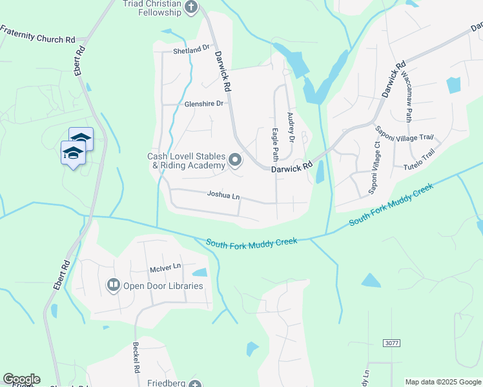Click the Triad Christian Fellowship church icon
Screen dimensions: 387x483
click(x=190, y=6)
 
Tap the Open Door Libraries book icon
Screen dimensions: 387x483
click(x=113, y=284)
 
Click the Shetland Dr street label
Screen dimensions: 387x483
click(x=192, y=48)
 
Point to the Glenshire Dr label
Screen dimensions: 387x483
click(x=203, y=103)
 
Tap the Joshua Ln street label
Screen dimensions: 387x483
click(x=223, y=193)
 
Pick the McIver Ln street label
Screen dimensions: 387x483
click(x=166, y=265)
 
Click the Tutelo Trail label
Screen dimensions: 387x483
click(x=420, y=159)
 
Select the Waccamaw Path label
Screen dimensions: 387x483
click(x=407, y=97)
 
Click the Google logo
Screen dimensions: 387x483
click(x=21, y=379)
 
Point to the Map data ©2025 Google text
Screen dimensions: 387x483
click(x=443, y=382)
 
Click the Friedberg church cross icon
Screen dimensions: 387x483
click(x=194, y=384)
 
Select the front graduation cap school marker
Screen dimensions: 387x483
click(x=72, y=154)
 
